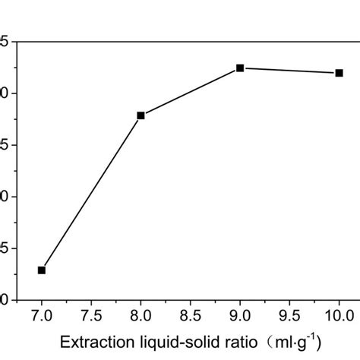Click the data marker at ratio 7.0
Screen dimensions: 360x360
42,270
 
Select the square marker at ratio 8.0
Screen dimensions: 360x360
141,115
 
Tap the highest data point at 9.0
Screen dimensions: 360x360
240,68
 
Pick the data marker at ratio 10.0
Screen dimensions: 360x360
339,73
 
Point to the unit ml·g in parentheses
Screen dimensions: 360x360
285,340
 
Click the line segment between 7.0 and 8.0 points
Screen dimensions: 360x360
91,192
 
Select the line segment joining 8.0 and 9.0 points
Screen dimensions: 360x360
190,91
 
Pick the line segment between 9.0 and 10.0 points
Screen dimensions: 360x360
289,71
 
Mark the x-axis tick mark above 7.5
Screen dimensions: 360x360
91,297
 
